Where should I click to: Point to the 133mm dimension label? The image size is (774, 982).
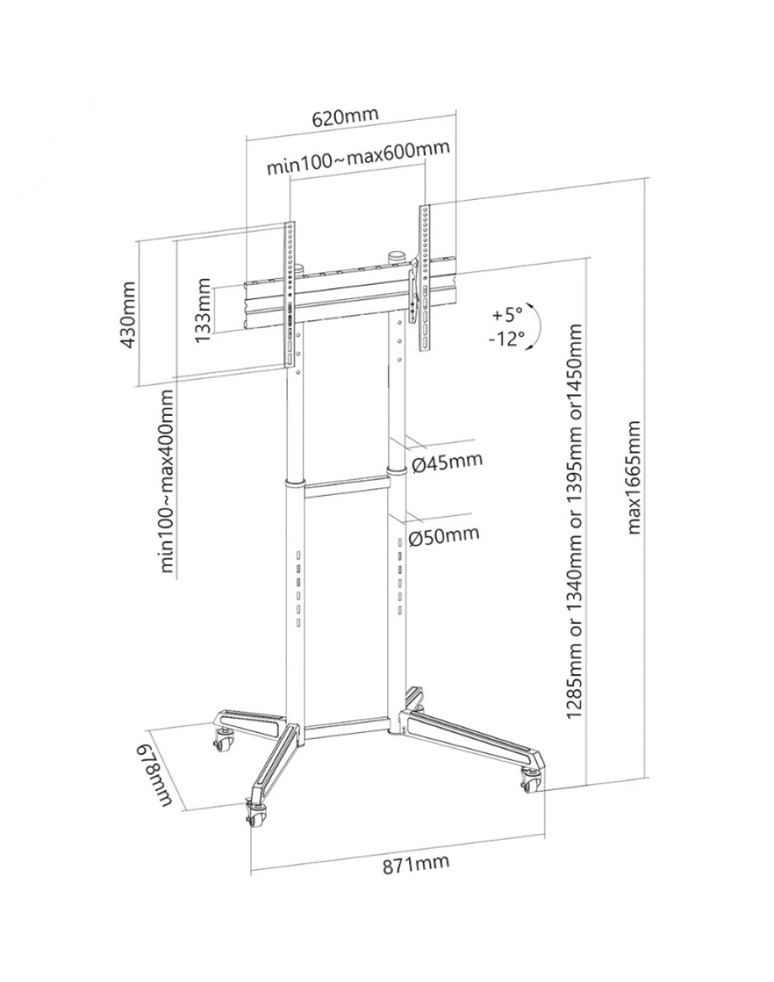(202, 309)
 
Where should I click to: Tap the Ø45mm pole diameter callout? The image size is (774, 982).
(446, 463)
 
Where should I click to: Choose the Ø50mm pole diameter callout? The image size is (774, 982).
(444, 535)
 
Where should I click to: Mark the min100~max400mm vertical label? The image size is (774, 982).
(166, 482)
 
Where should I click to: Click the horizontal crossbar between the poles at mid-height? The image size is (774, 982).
(347, 487)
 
